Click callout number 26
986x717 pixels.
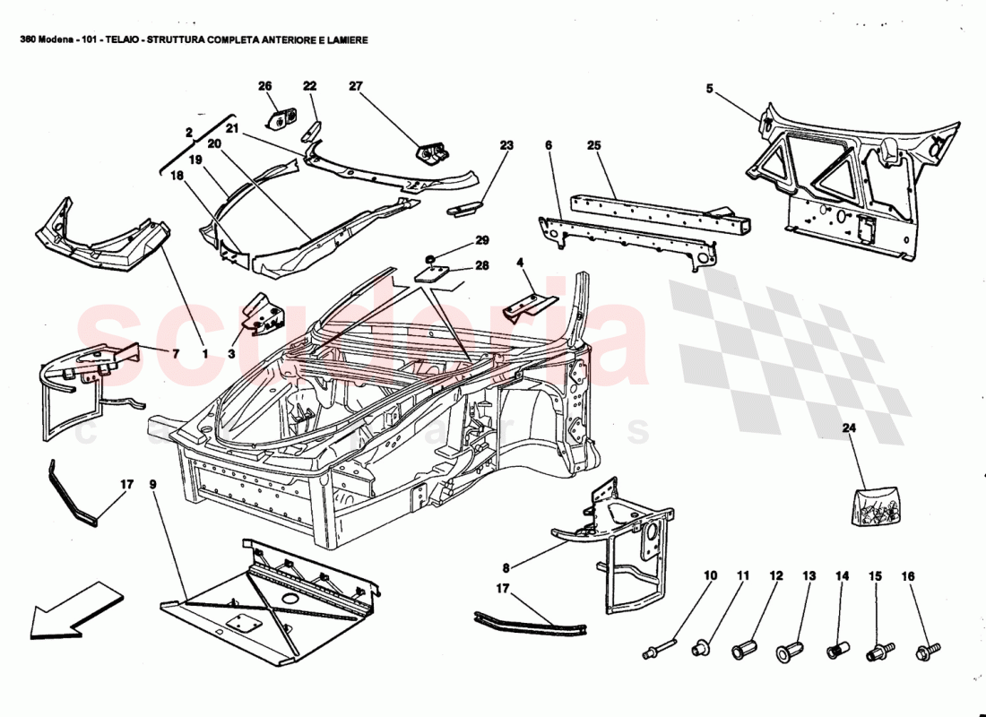pos(264,86)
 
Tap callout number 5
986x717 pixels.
pos(709,89)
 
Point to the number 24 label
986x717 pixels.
pos(849,428)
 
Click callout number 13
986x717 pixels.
pos(809,576)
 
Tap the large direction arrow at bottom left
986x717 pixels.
pos(76,609)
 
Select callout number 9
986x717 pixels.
pos(152,485)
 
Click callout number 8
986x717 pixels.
pos(506,566)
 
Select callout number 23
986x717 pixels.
pos(506,143)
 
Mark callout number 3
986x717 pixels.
pos(230,354)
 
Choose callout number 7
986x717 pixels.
pos(175,354)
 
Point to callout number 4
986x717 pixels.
pos(519,263)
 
